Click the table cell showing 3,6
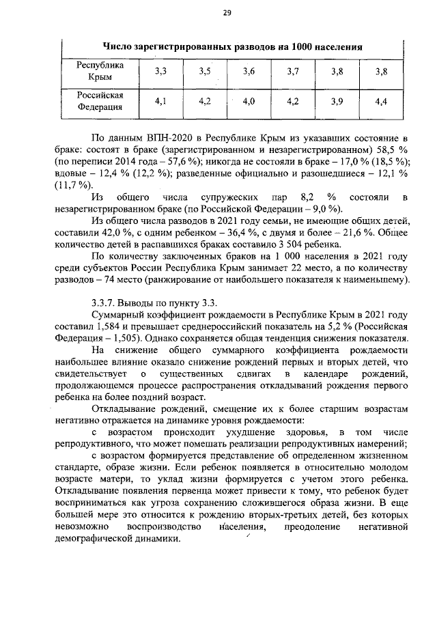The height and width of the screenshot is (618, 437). click(248, 72)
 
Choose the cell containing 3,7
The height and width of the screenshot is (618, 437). click(293, 72)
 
